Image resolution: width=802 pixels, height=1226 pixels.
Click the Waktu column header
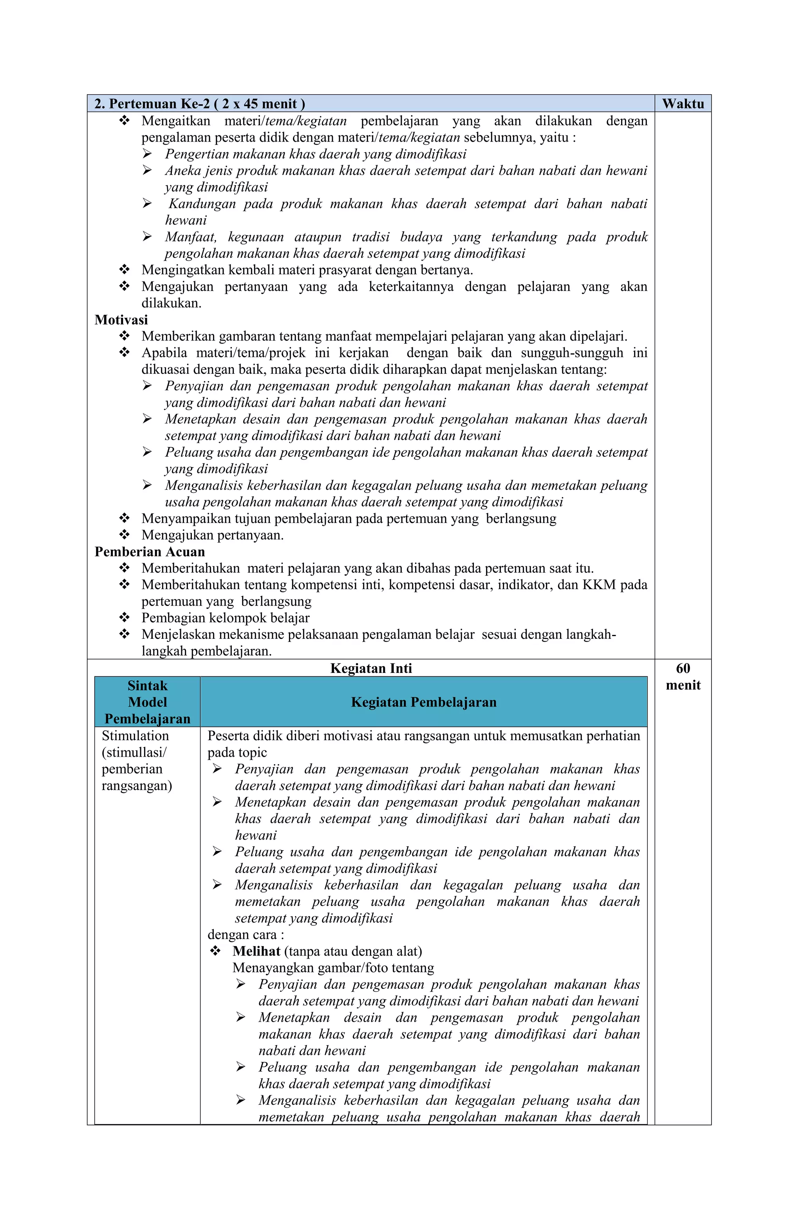pyautogui.click(x=683, y=104)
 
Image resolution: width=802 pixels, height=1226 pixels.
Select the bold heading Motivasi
pyautogui.click(x=121, y=319)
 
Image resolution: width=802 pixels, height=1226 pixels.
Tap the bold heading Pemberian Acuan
pyautogui.click(x=150, y=552)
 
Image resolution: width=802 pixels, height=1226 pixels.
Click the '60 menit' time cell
pyautogui.click(x=683, y=676)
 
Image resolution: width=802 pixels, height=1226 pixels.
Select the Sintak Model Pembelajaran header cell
pyautogui.click(x=147, y=701)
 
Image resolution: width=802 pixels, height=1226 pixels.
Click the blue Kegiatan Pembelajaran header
pyautogui.click(x=423, y=701)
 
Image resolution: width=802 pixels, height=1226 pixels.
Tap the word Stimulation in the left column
pyautogui.click(x=135, y=736)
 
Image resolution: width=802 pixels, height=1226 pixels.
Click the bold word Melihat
pyautogui.click(x=256, y=951)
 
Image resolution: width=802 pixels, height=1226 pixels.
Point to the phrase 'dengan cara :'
pyautogui.click(x=246, y=934)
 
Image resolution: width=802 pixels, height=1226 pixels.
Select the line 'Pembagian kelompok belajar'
pyautogui.click(x=225, y=618)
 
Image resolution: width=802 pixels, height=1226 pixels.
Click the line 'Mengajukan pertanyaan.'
pyautogui.click(x=212, y=535)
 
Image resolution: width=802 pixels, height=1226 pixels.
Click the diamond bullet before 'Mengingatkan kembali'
pyautogui.click(x=124, y=269)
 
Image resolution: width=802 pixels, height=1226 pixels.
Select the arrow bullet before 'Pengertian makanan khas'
pyautogui.click(x=147, y=154)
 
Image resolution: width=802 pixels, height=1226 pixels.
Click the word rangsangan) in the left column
pyautogui.click(x=137, y=785)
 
